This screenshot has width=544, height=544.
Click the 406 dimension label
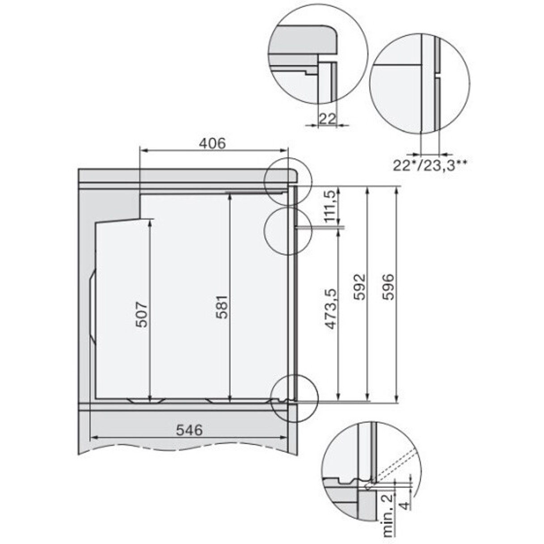point(212,143)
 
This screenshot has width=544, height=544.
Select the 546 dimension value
point(190,430)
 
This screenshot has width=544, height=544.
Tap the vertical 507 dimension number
point(141,315)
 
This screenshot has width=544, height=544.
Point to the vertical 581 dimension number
point(222,307)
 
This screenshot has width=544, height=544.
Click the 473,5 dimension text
point(331,309)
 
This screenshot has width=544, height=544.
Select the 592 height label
point(360,286)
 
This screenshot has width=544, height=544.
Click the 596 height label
point(388,286)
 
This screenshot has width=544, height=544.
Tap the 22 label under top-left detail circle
point(327,118)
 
